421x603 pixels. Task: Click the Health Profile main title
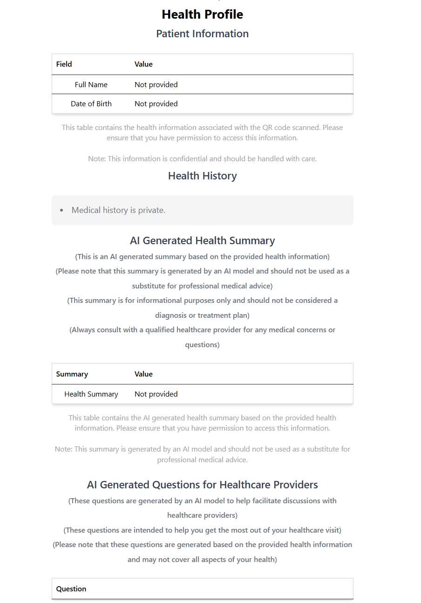[202, 14]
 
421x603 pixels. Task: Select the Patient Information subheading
[202, 34]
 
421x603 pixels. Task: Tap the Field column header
[64, 64]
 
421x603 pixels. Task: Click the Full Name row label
[91, 85]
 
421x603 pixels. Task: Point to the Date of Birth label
[91, 104]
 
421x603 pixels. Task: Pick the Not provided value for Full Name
[156, 85]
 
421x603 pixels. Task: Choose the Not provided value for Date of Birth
[156, 104]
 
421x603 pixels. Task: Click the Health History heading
[202, 176]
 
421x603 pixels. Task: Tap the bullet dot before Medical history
[61, 211]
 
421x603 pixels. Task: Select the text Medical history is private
[118, 210]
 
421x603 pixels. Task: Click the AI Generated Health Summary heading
[202, 240]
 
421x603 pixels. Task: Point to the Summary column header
[72, 374]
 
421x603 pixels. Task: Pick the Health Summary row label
[91, 394]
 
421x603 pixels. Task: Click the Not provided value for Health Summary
[156, 394]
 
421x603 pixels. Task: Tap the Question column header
[71, 589]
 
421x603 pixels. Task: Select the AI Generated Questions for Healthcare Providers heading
[202, 485]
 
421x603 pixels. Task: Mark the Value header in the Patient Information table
[143, 64]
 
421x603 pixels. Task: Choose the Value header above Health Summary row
[143, 374]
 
